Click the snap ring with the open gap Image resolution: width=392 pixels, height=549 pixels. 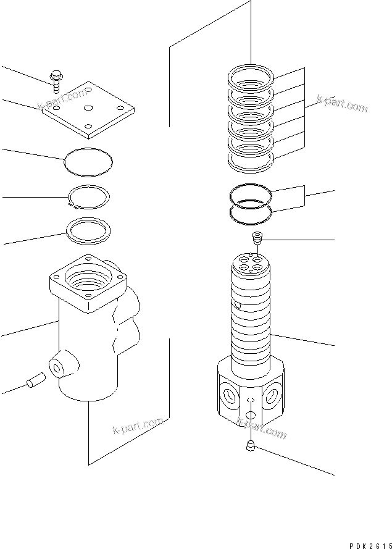point(89,197)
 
